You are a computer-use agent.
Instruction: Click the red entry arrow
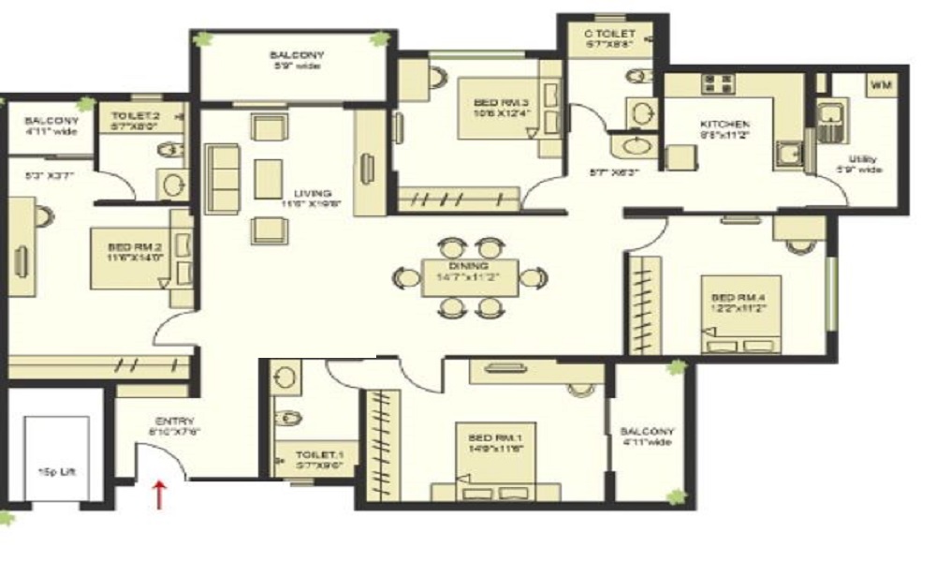point(160,494)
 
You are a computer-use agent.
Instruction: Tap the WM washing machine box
point(881,85)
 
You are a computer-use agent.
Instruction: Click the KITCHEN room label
point(724,125)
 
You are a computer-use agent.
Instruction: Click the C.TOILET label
point(612,33)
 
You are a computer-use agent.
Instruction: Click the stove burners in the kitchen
point(717,84)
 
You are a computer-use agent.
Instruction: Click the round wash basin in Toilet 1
point(286,377)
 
